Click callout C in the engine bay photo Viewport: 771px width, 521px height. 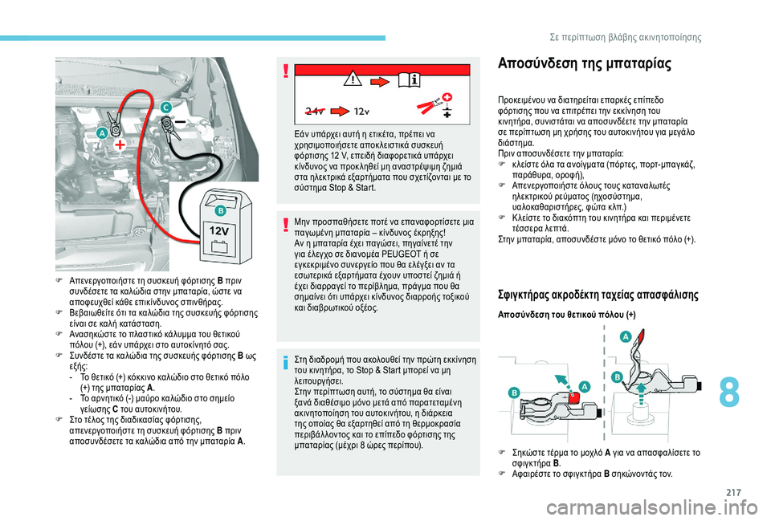[x=165, y=108]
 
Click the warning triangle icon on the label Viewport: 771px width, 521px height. [x=352, y=79]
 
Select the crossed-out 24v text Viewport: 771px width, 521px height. [x=316, y=109]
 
